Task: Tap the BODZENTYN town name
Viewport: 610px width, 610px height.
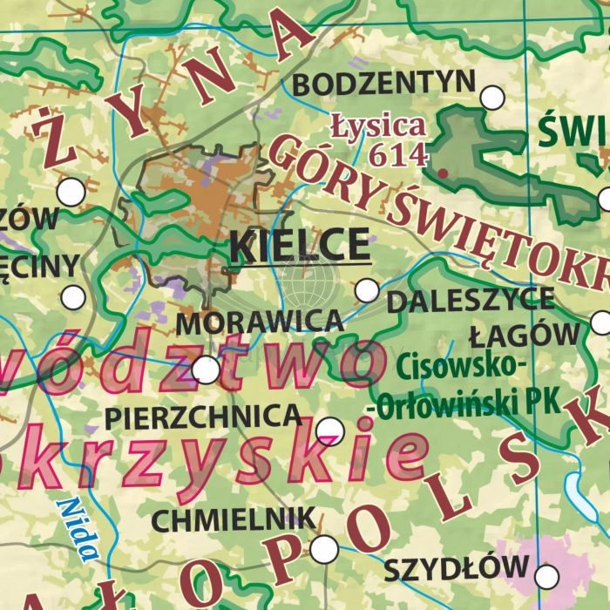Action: pyautogui.click(x=384, y=85)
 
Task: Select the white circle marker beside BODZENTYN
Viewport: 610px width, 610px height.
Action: pyautogui.click(x=492, y=98)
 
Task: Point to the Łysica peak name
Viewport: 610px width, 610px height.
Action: pyautogui.click(x=378, y=125)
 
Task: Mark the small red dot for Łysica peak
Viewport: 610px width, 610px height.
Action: pyautogui.click(x=443, y=173)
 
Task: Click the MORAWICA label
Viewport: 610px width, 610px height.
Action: pyautogui.click(x=260, y=322)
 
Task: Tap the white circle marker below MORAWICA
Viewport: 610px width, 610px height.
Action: pyautogui.click(x=206, y=370)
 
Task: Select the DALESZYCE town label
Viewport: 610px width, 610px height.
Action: pyautogui.click(x=470, y=301)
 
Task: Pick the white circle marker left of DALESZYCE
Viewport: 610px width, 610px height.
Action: pyautogui.click(x=368, y=289)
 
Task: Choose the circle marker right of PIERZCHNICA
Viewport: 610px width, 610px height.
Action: pyautogui.click(x=330, y=430)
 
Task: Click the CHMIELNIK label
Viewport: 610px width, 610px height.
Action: pyautogui.click(x=234, y=520)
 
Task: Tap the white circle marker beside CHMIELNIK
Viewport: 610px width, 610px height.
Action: pyautogui.click(x=324, y=549)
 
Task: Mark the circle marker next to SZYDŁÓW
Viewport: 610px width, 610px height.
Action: pyautogui.click(x=547, y=576)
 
